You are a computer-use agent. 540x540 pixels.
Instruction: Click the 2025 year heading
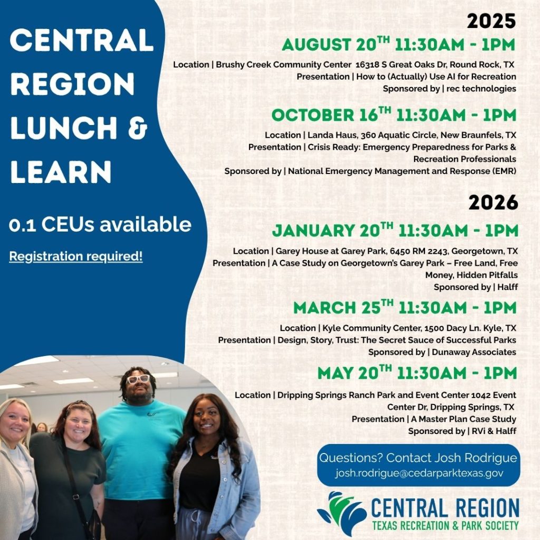491,21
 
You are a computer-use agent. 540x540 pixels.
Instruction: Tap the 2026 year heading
493,202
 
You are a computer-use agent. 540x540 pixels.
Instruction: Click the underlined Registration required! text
76,257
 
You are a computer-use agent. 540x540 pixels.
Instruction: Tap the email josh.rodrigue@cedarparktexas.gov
419,473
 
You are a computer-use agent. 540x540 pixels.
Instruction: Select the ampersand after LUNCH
139,128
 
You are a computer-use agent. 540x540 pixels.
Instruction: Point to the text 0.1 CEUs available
100,225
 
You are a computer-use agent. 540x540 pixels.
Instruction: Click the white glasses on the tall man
138,379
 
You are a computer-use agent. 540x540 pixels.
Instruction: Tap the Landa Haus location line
390,135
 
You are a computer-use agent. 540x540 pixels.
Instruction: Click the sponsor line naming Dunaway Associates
442,352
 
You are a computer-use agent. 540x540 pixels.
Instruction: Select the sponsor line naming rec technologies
449,89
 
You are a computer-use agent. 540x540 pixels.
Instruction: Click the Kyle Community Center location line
398,328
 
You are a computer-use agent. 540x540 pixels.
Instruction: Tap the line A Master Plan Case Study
433,419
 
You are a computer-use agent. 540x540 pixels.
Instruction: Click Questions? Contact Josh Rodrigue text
418,458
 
